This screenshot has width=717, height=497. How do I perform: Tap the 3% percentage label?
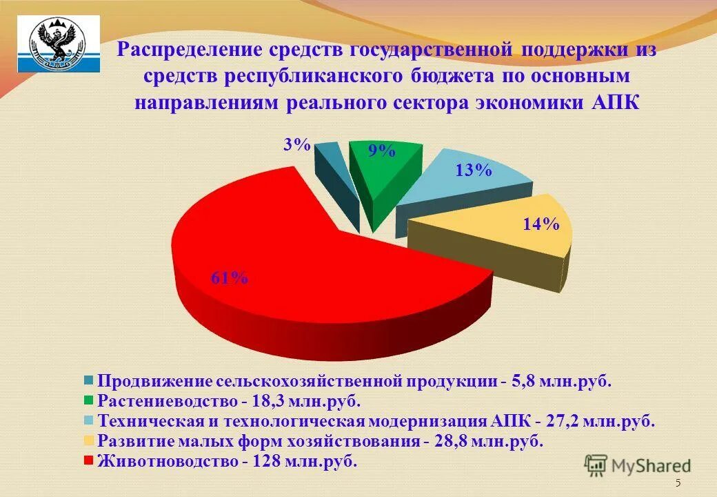click(296, 144)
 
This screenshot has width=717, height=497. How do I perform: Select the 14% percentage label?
click(541, 224)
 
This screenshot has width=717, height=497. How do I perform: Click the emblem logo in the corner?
click(58, 43)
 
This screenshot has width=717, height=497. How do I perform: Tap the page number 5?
click(678, 483)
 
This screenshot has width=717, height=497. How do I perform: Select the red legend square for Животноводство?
click(89, 460)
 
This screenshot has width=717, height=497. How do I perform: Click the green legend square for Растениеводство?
click(89, 400)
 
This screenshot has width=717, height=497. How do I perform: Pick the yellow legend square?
click(89, 440)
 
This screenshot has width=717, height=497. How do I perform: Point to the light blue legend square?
click(89, 420)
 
